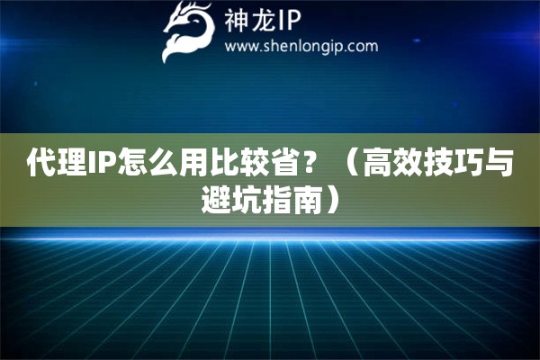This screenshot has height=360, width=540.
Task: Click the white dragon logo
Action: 189,31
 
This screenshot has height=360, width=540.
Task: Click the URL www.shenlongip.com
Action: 301,47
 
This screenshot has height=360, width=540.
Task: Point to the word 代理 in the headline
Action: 56,162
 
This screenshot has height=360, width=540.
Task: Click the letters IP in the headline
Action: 101,162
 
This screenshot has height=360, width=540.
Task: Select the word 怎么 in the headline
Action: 146,162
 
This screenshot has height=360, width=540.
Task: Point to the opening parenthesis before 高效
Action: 351,162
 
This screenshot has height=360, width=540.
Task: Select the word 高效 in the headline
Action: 392,162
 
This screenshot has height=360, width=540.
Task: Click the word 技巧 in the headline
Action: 454,162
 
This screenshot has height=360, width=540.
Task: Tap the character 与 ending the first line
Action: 499,162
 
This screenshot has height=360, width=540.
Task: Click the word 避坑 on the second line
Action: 230,199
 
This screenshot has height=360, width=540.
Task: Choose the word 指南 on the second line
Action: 292,199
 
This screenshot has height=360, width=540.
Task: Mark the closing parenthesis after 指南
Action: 331,199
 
